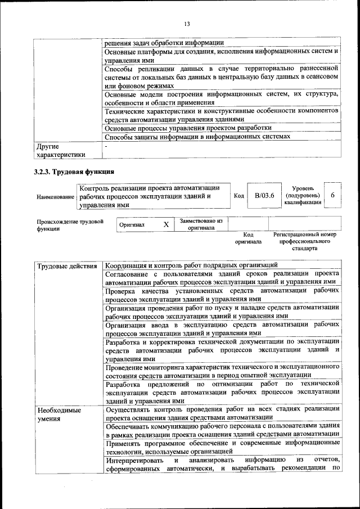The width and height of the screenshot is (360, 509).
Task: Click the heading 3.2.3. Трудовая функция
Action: (74, 172)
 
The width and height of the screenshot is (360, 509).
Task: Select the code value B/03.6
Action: (264, 196)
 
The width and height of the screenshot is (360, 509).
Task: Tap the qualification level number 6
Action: (333, 195)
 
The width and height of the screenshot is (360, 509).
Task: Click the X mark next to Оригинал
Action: (166, 224)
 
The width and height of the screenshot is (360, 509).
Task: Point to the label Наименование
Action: (55, 197)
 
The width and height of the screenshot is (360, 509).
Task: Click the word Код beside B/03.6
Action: (238, 196)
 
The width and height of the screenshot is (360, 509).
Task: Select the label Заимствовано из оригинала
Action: (201, 224)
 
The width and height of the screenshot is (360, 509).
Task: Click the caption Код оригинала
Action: (248, 237)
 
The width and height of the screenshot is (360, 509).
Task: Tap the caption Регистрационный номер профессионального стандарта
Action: (304, 241)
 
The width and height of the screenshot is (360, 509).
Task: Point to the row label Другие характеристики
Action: (61, 151)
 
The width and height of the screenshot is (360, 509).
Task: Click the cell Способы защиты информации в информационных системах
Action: (197, 137)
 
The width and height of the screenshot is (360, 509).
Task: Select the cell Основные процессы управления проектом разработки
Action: (192, 128)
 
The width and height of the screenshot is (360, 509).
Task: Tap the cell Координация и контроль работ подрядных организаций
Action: (191, 265)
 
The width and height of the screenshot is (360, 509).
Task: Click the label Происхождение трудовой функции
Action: (70, 225)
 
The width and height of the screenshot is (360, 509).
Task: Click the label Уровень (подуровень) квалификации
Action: (303, 195)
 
